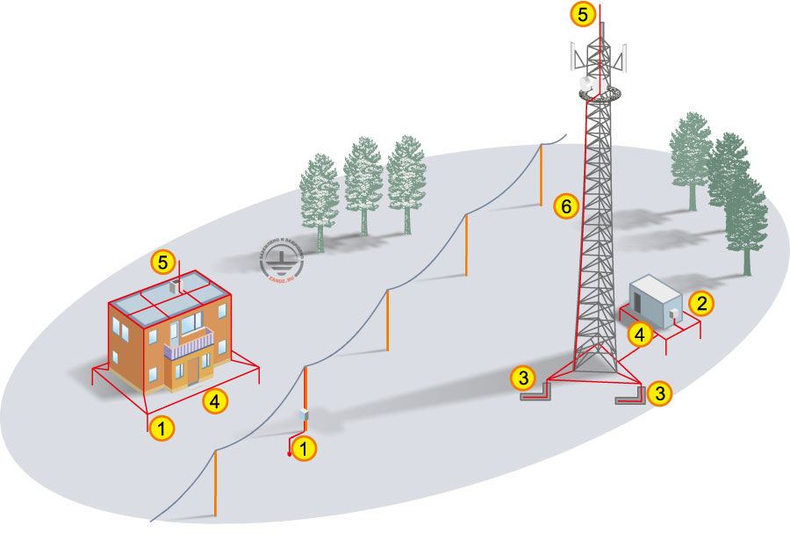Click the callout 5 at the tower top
[x=582, y=13]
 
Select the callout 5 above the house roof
[x=161, y=261]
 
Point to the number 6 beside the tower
[x=567, y=207]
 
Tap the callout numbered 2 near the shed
[x=700, y=304]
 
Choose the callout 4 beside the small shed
[x=640, y=334]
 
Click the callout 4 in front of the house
[x=214, y=401]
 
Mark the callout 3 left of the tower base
[x=523, y=378]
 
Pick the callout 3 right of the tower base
[x=662, y=392]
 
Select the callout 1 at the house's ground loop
[x=161, y=428]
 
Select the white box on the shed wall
[x=673, y=312]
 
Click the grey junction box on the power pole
[x=305, y=414]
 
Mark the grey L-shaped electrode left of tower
[x=534, y=393]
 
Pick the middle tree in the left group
[x=363, y=184]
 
